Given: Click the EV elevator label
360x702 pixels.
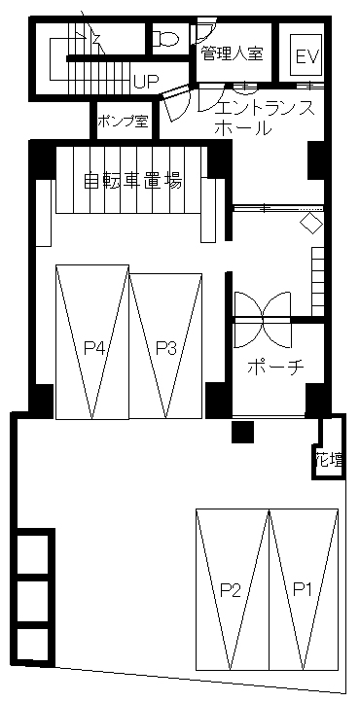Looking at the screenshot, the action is click(x=307, y=56).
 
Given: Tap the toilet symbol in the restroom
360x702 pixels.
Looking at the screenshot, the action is click(x=165, y=38).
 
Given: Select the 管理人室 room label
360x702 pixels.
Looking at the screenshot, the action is click(x=231, y=53).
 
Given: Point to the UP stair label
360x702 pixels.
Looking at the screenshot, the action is click(x=146, y=82).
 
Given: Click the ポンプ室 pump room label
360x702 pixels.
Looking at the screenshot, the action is click(x=123, y=122).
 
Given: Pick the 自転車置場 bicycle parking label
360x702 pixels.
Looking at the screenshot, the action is click(x=133, y=182).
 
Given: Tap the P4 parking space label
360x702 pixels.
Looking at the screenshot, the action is click(x=94, y=348).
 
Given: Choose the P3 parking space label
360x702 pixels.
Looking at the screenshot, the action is click(x=166, y=348).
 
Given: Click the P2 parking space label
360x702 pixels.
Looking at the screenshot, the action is click(x=231, y=590).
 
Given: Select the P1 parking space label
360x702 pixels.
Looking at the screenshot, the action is click(x=303, y=590).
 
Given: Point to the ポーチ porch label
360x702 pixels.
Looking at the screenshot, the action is click(x=275, y=368).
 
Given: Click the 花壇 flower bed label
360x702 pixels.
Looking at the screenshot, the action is click(x=329, y=459).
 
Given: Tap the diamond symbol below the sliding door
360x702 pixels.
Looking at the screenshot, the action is click(x=311, y=223).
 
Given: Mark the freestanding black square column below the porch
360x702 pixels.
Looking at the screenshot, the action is click(x=242, y=431).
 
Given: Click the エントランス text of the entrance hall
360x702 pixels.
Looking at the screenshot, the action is click(x=265, y=109).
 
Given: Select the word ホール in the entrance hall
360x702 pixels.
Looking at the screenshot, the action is click(x=243, y=129).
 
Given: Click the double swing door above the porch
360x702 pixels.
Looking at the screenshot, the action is click(x=263, y=320).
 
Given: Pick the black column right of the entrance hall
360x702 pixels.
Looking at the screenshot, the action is click(x=315, y=159).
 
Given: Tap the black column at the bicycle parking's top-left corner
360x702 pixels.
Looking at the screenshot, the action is click(x=43, y=159).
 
